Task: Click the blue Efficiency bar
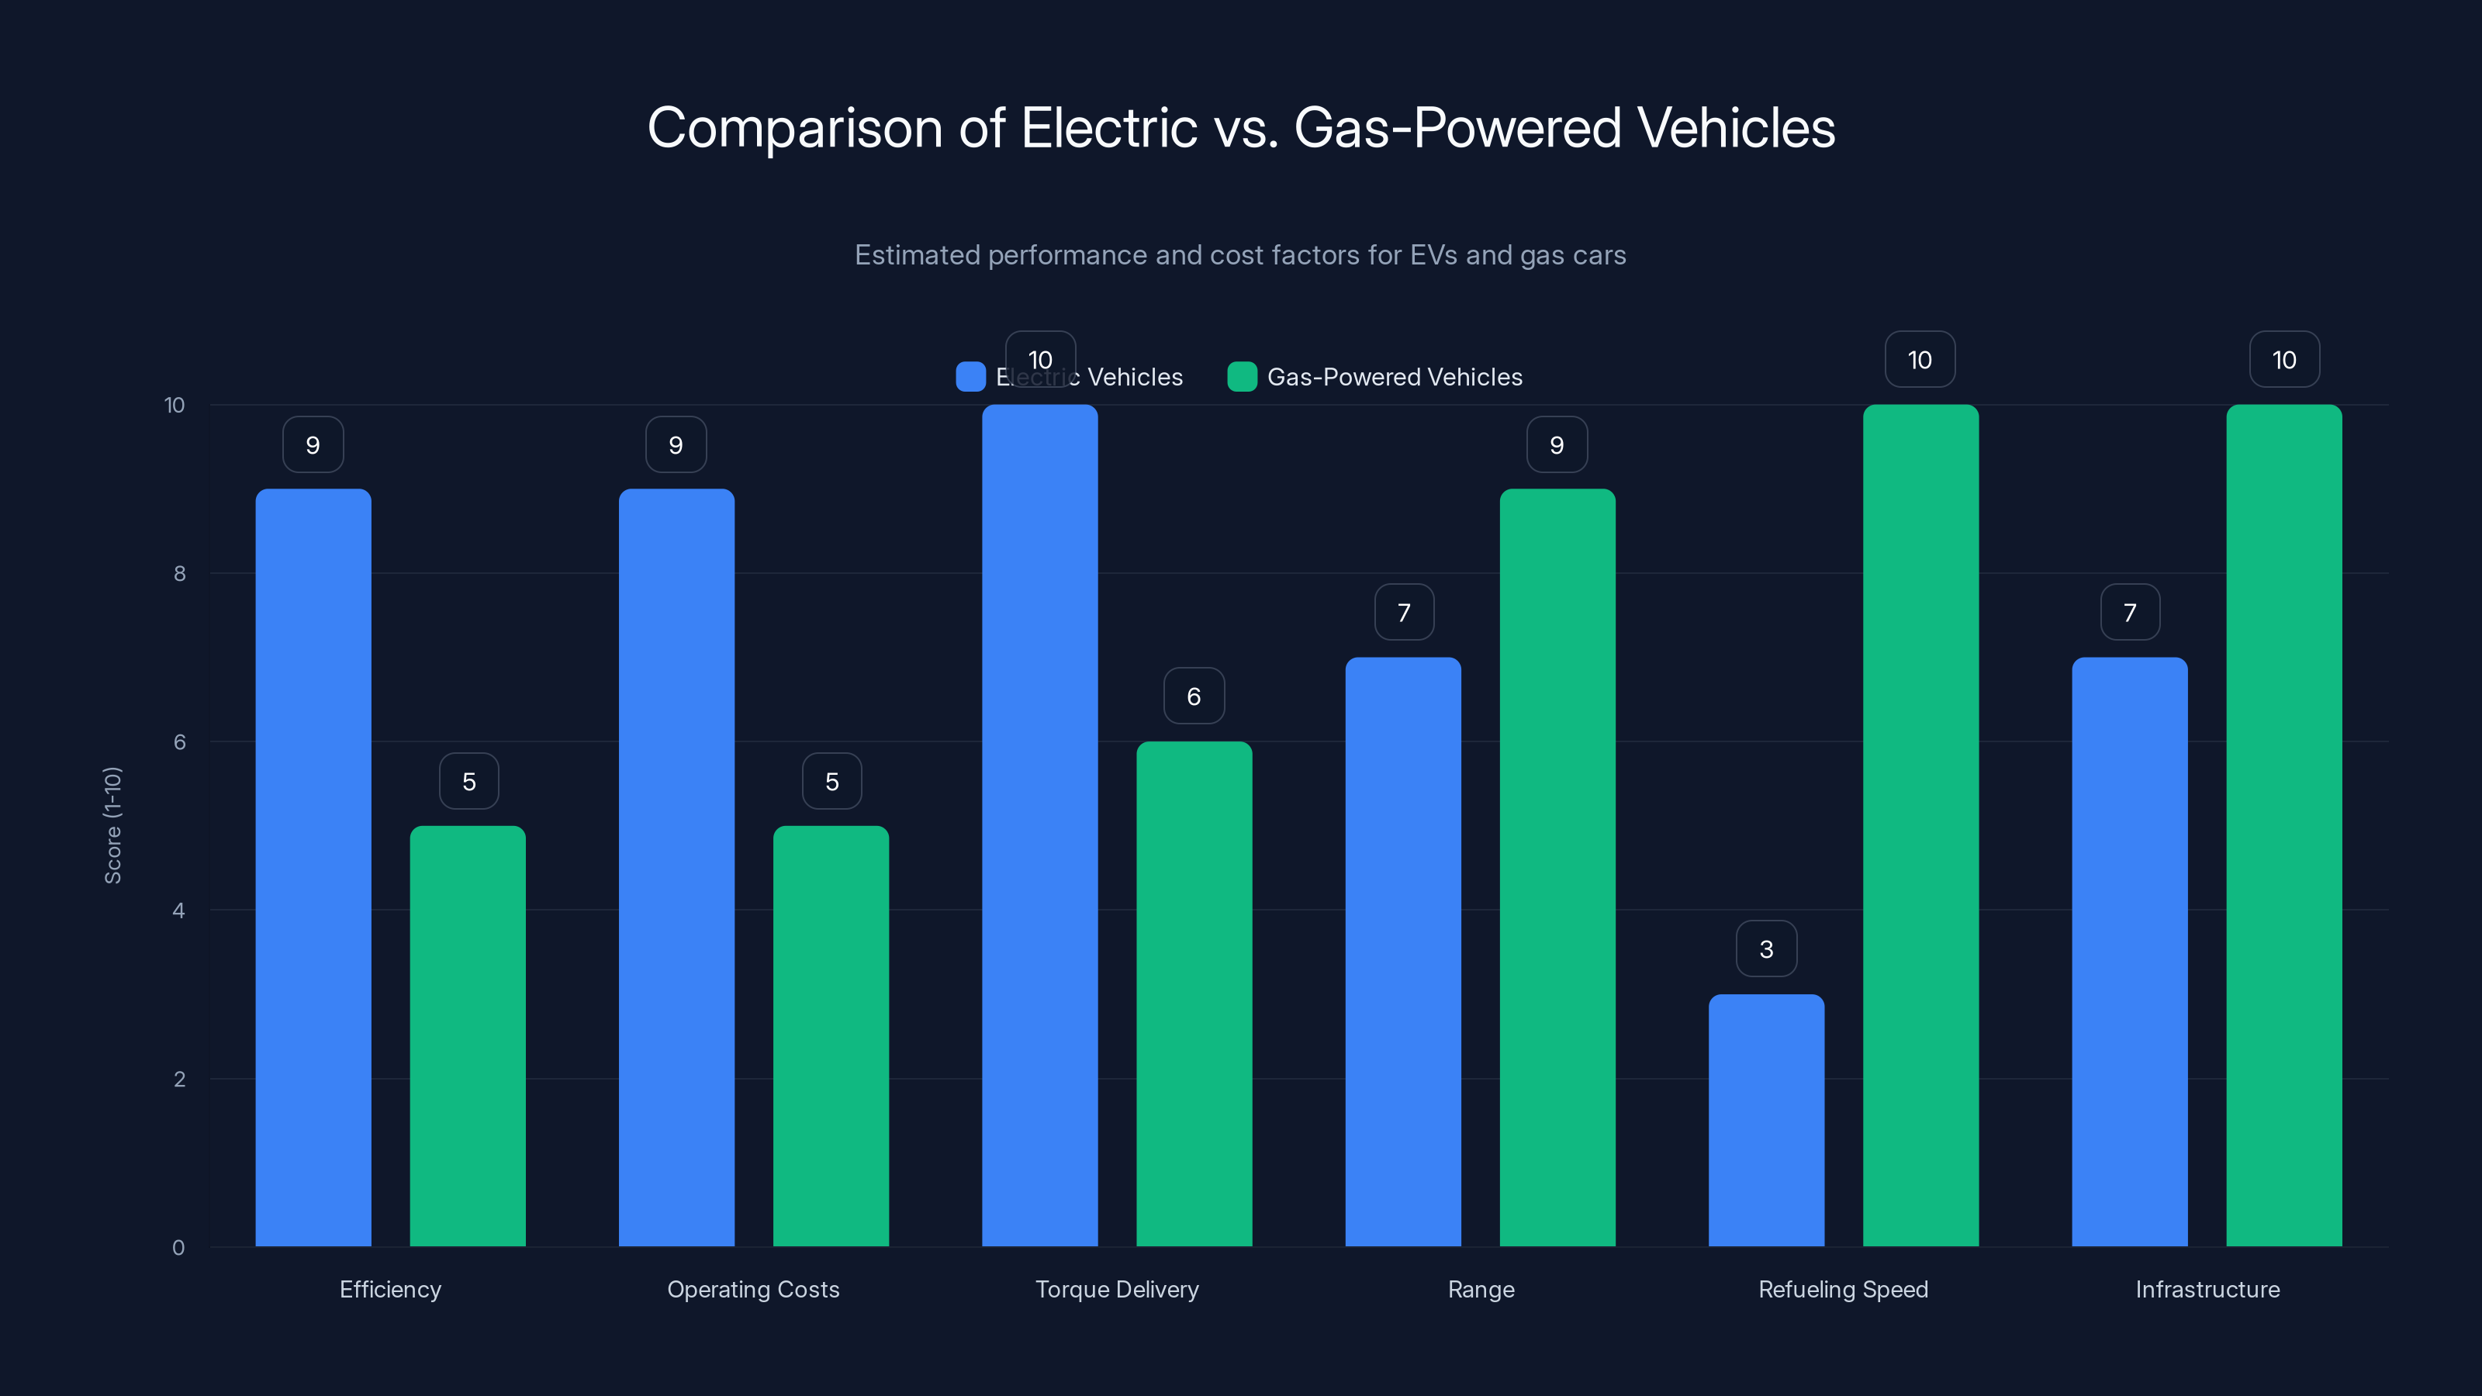pos(313,867)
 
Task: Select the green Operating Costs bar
pos(831,1035)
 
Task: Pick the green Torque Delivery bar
pos(1194,993)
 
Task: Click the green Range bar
pos(1557,867)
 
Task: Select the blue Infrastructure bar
pos(2129,952)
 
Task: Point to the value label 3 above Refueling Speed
pos(1766,949)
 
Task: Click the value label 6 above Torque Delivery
pos(1194,696)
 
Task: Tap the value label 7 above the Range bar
pos(1404,613)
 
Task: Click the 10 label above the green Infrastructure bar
pos(2283,359)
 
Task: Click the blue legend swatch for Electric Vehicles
pos(970,377)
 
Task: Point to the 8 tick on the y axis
pos(179,573)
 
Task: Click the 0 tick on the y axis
pos(178,1248)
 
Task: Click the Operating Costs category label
pos(752,1289)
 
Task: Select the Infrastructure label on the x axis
pos(2207,1289)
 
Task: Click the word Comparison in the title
pos(794,127)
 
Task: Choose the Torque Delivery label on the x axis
pos(1117,1289)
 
